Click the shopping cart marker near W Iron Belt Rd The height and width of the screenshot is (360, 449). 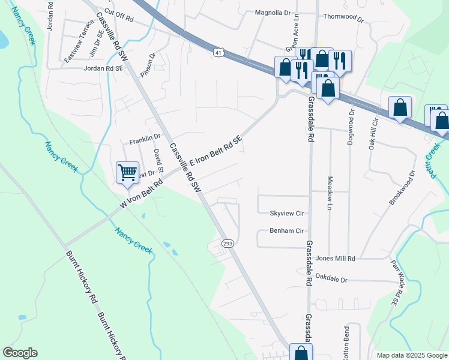[127, 173]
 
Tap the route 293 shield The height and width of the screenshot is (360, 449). [228, 244]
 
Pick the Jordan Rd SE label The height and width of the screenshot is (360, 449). [103, 69]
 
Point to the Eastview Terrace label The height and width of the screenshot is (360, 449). [79, 42]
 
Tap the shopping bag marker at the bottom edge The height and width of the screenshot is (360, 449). [301, 353]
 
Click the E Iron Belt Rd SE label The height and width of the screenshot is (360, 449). [215, 151]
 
